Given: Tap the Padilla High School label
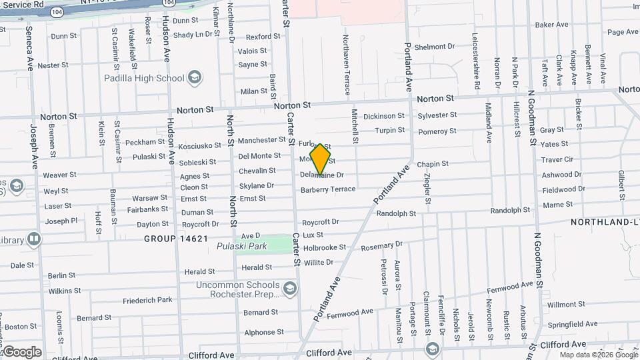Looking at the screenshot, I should pyautogui.click(x=143, y=78).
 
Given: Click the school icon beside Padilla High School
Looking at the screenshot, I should pyautogui.click(x=195, y=78).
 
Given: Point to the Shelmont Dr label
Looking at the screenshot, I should pyautogui.click(x=434, y=47).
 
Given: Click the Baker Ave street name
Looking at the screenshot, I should pyautogui.click(x=551, y=25).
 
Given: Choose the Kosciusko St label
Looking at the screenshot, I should pyautogui.click(x=202, y=145).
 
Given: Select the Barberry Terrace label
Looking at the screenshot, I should pyautogui.click(x=328, y=189).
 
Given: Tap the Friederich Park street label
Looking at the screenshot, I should pyautogui.click(x=147, y=300).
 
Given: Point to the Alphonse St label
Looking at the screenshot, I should pyautogui.click(x=263, y=332).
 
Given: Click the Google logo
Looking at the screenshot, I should pyautogui.click(x=22, y=351).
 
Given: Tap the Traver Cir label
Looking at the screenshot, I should pyautogui.click(x=557, y=159).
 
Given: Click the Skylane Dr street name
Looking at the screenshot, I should pyautogui.click(x=257, y=185).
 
